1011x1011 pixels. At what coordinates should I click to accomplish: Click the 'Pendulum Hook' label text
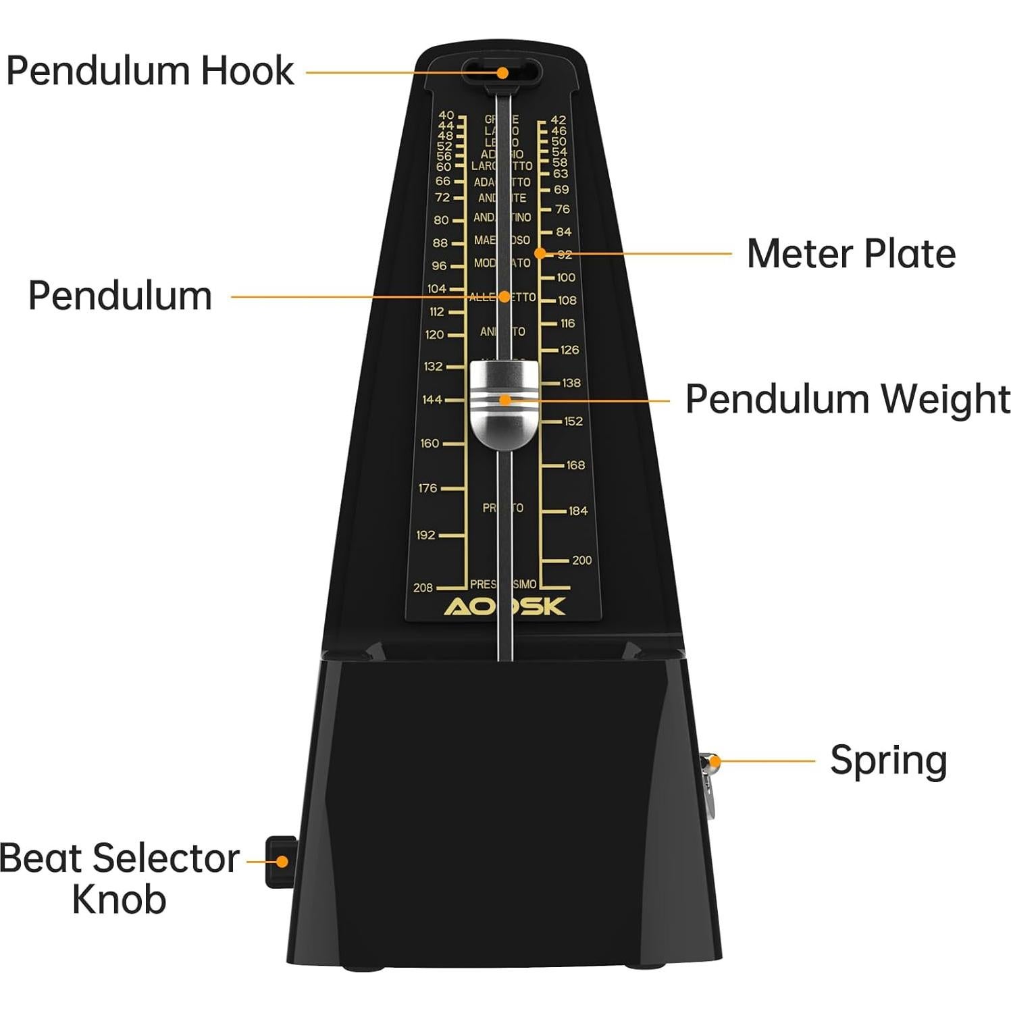point(150,71)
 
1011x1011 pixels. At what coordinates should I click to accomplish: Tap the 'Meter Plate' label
point(850,254)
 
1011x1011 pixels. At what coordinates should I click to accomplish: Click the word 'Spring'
point(888,761)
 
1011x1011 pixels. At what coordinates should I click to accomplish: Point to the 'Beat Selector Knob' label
point(120,878)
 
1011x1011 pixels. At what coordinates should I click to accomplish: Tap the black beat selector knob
point(280,862)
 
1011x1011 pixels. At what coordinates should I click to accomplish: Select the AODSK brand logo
point(504,606)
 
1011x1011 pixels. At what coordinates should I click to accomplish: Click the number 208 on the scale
point(423,588)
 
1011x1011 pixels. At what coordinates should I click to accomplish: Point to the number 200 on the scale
point(581,560)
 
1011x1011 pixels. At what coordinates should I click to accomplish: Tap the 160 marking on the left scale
point(430,444)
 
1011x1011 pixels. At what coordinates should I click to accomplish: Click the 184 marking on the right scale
point(577,511)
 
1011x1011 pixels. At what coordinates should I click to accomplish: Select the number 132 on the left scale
point(433,367)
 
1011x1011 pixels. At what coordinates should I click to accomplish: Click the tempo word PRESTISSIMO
point(503,584)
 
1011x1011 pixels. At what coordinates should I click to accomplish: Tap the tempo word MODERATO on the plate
point(502,263)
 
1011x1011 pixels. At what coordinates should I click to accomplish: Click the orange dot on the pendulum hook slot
point(502,72)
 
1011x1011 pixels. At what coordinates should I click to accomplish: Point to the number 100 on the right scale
point(566,278)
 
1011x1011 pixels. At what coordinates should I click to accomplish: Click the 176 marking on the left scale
point(427,488)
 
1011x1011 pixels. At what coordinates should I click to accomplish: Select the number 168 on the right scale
point(575,465)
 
